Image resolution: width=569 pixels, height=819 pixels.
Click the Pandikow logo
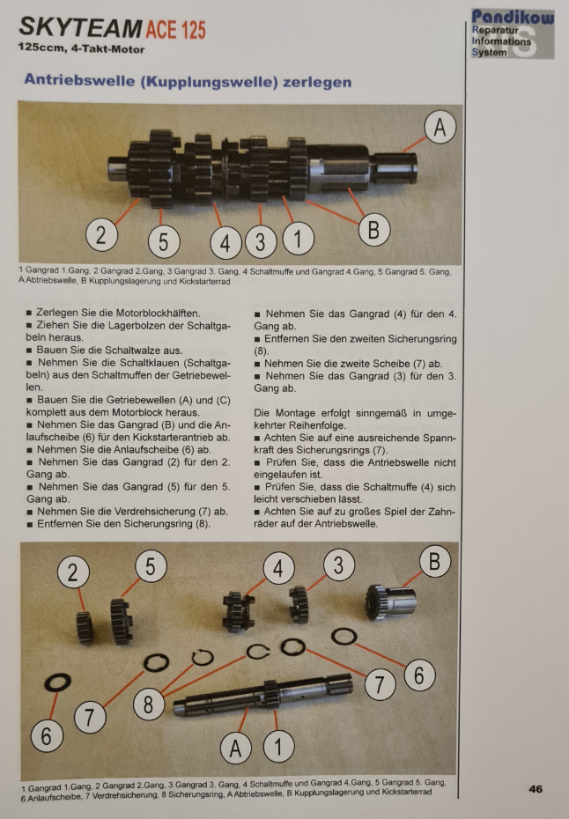pos(512,33)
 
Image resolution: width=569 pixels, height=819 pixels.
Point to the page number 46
pos(536,789)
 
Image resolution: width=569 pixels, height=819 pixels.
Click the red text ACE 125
pos(175,30)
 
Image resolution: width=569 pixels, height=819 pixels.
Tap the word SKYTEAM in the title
pos(80,28)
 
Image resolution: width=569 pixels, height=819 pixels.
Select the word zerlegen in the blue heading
pos(317,82)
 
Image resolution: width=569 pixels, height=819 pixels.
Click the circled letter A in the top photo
pos(440,127)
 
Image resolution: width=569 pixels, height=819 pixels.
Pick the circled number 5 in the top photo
pos(164,242)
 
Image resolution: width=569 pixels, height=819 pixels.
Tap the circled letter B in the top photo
pos(374,229)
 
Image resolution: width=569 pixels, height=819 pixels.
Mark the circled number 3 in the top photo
pos(260,241)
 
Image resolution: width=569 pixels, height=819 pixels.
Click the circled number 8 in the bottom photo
pos(148,705)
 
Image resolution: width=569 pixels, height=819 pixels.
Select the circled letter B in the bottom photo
pos(435,561)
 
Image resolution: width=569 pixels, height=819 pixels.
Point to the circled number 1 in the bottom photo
pos(278,747)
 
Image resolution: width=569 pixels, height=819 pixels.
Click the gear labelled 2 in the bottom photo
pos(85,627)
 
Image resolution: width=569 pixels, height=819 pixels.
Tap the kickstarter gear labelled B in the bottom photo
pos(391,601)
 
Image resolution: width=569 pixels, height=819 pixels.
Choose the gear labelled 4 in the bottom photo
pos(238,612)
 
